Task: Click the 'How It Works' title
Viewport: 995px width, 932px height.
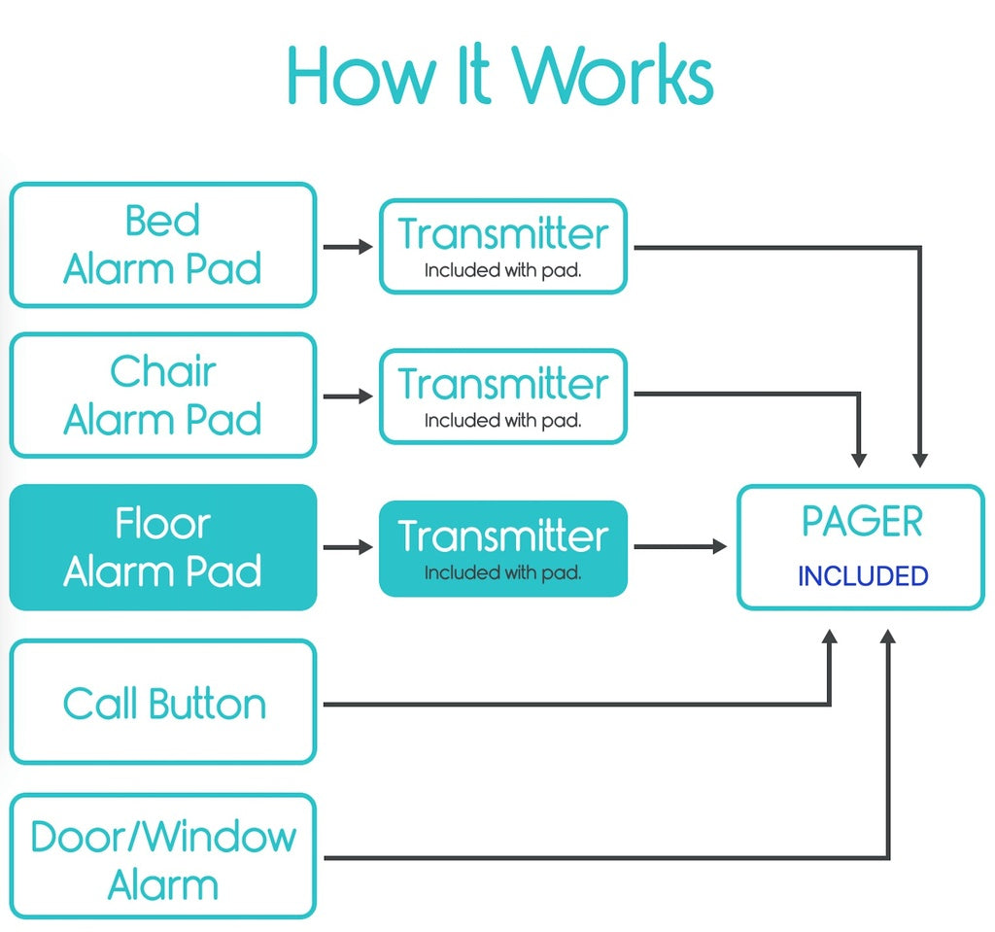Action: pos(500,76)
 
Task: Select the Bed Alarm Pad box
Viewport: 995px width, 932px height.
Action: pos(162,245)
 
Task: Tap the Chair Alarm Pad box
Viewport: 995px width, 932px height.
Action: pos(162,396)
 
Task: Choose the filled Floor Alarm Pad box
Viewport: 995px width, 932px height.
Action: pos(162,547)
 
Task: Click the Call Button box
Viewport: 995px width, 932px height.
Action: pos(162,703)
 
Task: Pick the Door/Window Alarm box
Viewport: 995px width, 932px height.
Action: pos(162,857)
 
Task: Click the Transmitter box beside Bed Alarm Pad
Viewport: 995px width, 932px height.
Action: pos(502,247)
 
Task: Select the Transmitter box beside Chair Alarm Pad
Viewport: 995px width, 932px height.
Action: pos(502,397)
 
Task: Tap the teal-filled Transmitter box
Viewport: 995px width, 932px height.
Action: pos(502,547)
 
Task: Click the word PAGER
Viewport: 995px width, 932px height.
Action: pos(861,523)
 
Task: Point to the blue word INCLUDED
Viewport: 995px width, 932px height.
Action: pos(863,576)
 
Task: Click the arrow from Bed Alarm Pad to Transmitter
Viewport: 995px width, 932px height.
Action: pos(347,247)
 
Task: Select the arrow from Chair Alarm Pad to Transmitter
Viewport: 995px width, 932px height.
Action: pos(347,397)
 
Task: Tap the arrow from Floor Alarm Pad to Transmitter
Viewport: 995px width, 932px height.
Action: pos(347,548)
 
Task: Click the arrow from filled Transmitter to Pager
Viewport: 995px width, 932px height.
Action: pos(680,547)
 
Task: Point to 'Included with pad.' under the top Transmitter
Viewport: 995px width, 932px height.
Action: pos(502,271)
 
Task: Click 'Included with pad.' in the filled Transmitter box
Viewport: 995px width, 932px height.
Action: pos(502,573)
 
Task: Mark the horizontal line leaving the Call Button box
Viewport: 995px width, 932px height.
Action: pos(573,704)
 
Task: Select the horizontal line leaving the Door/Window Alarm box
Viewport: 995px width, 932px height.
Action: pos(602,857)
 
